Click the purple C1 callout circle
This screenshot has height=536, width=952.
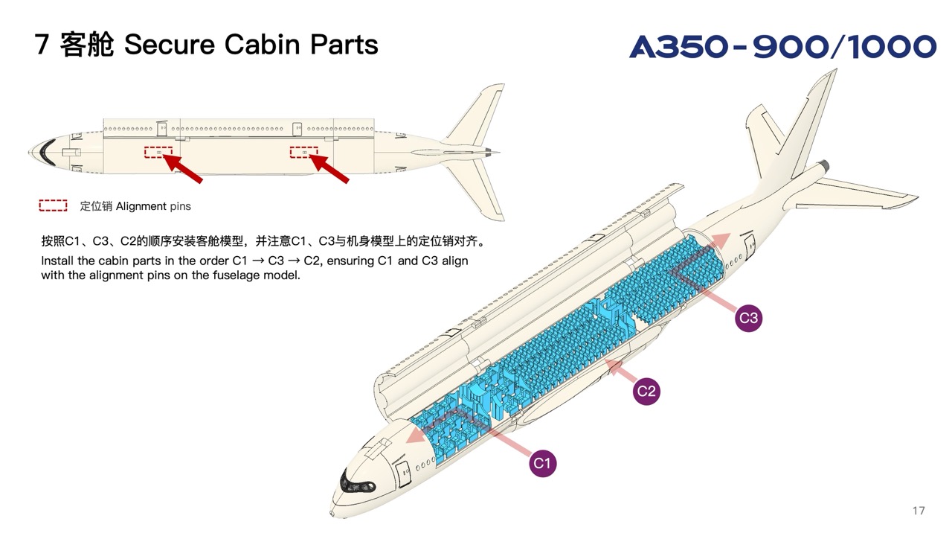click(543, 463)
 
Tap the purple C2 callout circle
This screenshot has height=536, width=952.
click(646, 391)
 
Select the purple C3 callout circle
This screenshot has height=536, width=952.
click(748, 319)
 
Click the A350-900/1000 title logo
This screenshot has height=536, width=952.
click(782, 47)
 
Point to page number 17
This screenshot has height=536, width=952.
click(918, 511)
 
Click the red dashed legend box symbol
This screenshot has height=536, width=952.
click(53, 206)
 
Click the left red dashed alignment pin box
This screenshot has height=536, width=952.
click(158, 153)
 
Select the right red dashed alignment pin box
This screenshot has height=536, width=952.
click(303, 153)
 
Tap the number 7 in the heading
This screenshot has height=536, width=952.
click(42, 45)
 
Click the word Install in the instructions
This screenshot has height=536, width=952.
click(57, 261)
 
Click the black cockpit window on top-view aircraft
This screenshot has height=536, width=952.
click(47, 151)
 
